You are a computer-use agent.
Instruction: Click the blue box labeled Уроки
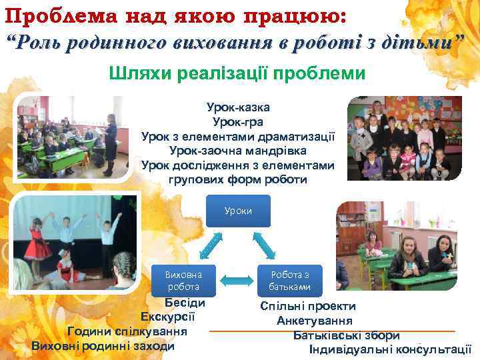(x=239, y=211)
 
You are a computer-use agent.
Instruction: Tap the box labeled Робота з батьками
(x=289, y=281)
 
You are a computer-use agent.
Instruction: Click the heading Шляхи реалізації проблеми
(x=237, y=73)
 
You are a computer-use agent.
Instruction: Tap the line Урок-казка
(x=238, y=107)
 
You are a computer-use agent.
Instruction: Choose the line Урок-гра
(x=237, y=121)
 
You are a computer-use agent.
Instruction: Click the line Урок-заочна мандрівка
(x=237, y=151)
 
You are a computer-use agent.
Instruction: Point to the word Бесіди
(x=183, y=302)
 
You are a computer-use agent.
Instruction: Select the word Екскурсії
(x=167, y=317)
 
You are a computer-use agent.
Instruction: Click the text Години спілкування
(x=127, y=331)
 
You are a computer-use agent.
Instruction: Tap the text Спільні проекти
(x=308, y=306)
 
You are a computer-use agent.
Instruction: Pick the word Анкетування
(x=315, y=321)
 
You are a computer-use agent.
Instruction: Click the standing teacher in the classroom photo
(x=111, y=137)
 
